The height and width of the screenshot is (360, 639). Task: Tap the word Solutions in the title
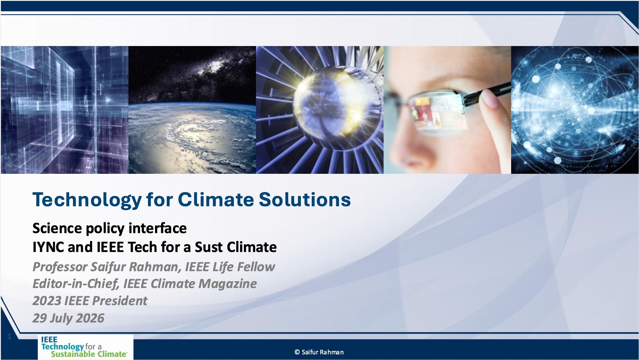pyautogui.click(x=305, y=200)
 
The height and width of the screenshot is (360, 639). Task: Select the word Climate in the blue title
pyautogui.click(x=216, y=200)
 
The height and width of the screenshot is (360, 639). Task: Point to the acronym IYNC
pyautogui.click(x=48, y=247)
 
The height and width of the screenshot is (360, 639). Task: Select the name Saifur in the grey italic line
pyautogui.click(x=108, y=267)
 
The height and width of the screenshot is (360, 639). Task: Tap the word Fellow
pyautogui.click(x=256, y=267)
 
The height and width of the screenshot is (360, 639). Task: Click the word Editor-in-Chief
pyautogui.click(x=76, y=284)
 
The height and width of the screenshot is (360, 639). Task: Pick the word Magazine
pyautogui.click(x=228, y=284)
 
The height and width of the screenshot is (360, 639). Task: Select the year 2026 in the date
pyautogui.click(x=90, y=318)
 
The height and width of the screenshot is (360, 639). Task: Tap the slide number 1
pyautogui.click(x=9, y=337)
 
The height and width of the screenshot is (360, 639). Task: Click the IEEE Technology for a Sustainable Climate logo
pyautogui.click(x=86, y=347)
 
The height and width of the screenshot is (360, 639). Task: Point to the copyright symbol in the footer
pyautogui.click(x=297, y=352)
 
